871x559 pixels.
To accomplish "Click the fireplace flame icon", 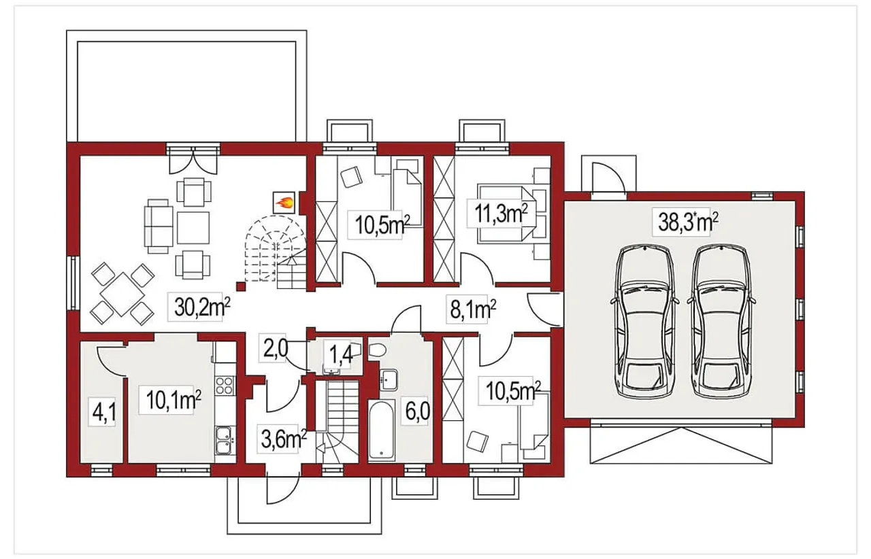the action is (284, 203).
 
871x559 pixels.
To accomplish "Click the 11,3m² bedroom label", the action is (501, 213).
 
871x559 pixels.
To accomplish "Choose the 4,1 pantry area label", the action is (104, 413).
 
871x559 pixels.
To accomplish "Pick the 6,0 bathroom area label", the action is (417, 411).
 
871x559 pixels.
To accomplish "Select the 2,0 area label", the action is (275, 348).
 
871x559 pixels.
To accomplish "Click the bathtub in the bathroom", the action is (381, 430).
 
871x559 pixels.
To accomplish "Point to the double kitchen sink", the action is (224, 440).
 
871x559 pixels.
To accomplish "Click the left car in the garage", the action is (644, 322).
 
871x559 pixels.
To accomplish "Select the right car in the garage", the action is (721, 322).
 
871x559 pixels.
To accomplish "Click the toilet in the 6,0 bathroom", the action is (376, 350).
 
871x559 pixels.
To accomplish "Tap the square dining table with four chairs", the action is (122, 294).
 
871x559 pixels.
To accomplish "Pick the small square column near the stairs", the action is (242, 287).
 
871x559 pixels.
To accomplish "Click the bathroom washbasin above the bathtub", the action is (389, 379).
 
